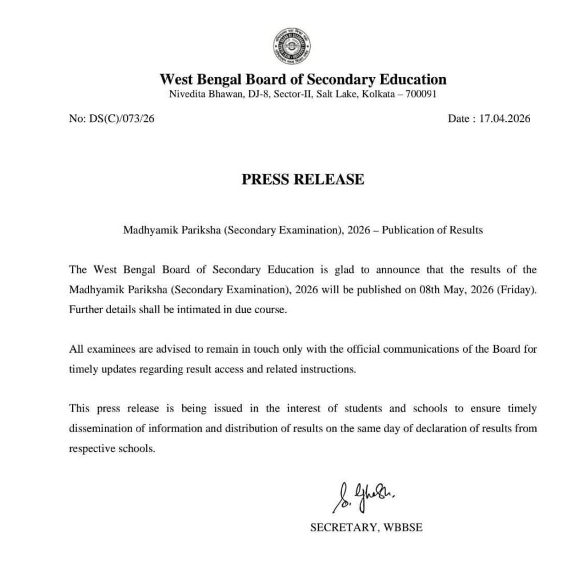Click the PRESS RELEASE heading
point(303,179)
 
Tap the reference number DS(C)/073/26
point(121,119)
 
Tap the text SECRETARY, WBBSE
point(366,528)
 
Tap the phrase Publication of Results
point(432,230)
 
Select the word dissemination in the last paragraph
point(99,428)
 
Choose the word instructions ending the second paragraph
point(330,369)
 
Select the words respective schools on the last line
point(111,448)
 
